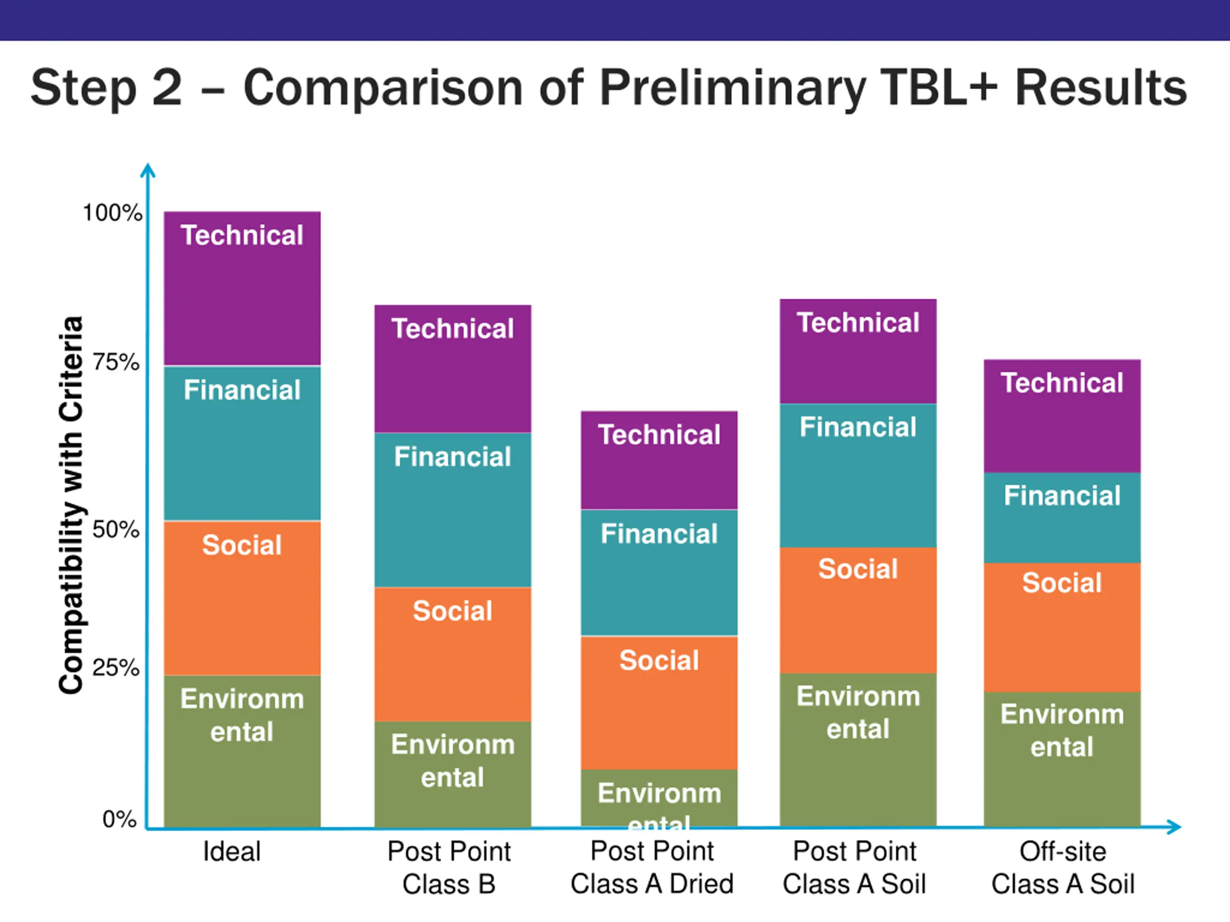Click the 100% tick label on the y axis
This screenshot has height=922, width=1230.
point(112,213)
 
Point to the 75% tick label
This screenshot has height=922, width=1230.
point(116,363)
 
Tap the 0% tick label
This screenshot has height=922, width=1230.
point(119,819)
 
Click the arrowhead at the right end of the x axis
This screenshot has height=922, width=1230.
point(1174,827)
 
